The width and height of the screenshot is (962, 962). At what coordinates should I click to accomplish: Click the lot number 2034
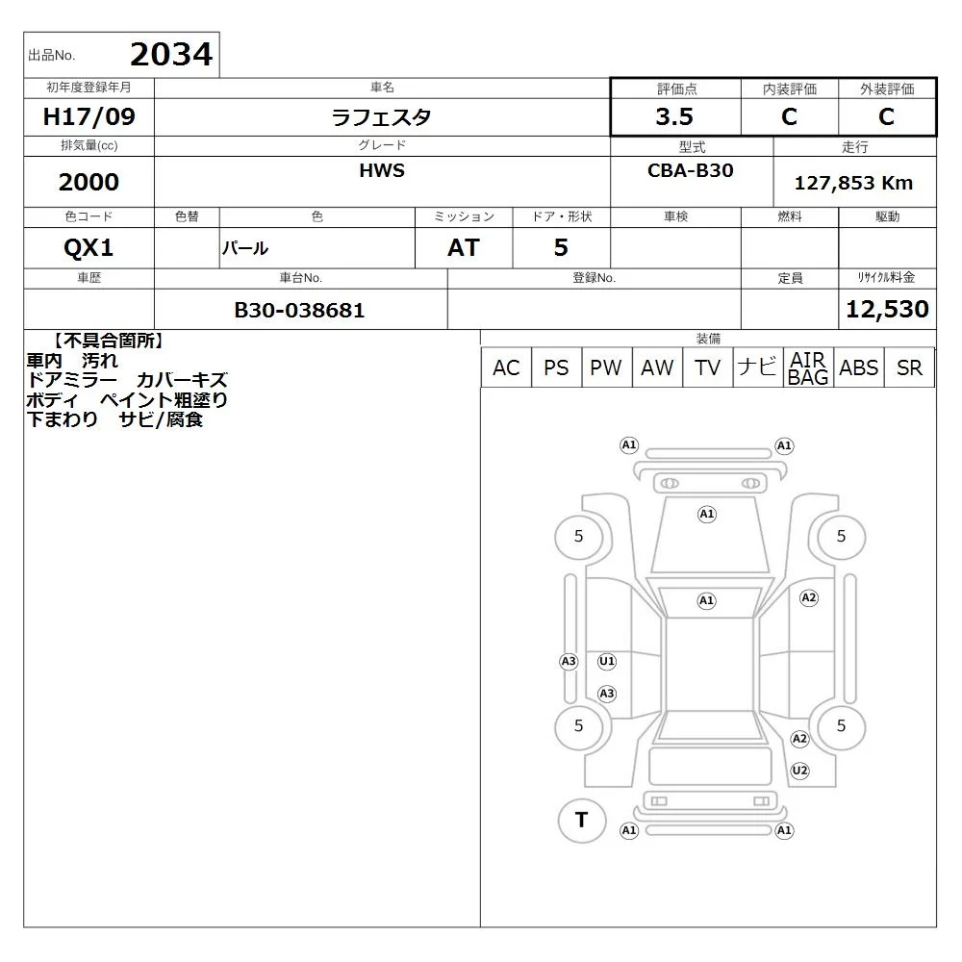171,55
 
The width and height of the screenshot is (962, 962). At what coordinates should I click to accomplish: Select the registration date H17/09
89,116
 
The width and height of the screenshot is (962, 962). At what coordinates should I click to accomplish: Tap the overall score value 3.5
674,116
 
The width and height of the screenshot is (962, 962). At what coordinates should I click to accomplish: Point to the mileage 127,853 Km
853,183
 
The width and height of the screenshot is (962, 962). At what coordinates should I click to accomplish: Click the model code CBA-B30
690,170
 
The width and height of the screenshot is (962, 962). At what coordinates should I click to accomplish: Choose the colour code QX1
89,248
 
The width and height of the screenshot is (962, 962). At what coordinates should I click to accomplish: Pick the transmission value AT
464,248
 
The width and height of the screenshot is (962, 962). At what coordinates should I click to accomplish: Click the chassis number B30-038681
299,311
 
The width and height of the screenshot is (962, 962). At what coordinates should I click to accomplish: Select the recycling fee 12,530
887,309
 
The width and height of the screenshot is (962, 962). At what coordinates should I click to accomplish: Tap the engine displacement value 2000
89,182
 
